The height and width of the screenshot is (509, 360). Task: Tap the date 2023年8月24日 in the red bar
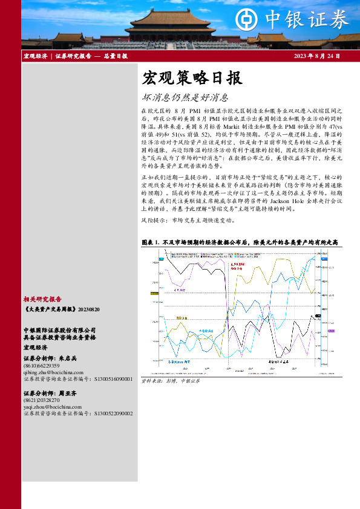tap(316, 56)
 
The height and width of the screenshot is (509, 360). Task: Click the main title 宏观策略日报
tap(192, 78)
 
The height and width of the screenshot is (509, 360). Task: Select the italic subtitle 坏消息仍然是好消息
tap(185, 97)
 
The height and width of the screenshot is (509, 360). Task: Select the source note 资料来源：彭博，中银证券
tap(170, 381)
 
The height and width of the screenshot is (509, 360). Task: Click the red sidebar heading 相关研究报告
tap(42, 299)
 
